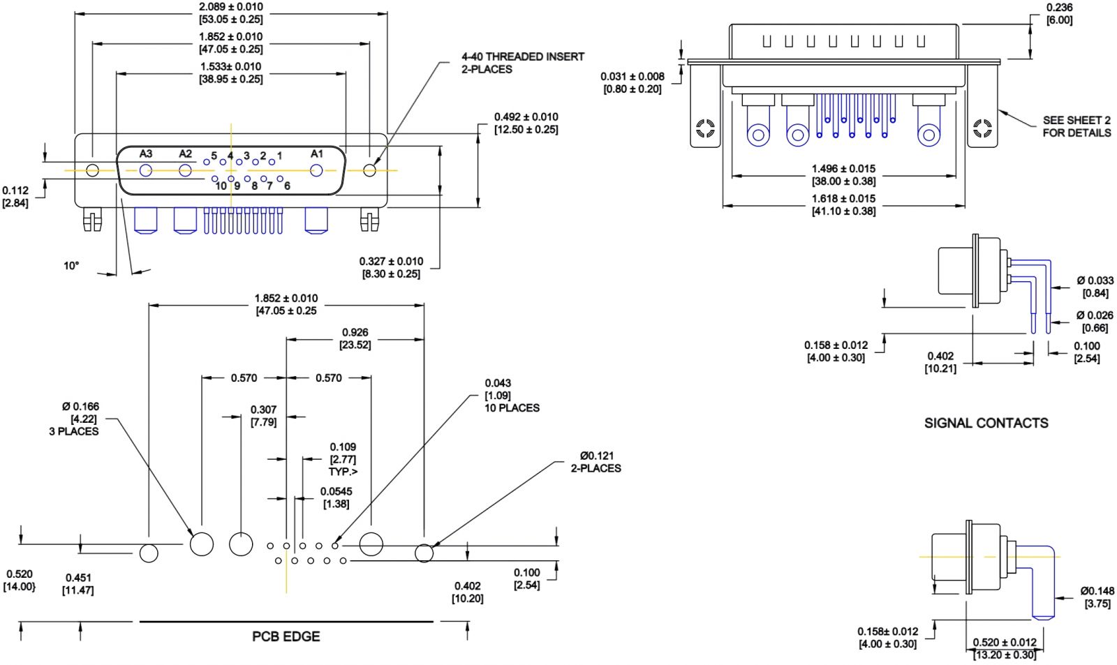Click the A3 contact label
146,154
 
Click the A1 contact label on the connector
317,154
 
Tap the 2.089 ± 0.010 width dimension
231,13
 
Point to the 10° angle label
71,266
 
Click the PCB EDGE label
286,636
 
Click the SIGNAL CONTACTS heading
986,424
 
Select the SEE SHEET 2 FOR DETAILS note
1077,126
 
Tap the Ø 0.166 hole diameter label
74,419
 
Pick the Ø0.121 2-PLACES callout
596,462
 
